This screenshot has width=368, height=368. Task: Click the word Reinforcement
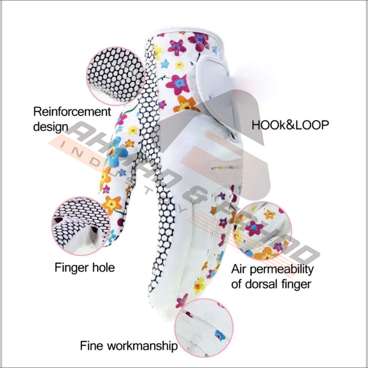(72, 112)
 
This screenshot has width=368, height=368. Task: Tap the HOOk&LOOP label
(290, 125)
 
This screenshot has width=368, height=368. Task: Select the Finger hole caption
(84, 267)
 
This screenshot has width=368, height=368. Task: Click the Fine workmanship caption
(129, 346)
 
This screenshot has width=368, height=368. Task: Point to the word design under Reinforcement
(51, 127)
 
